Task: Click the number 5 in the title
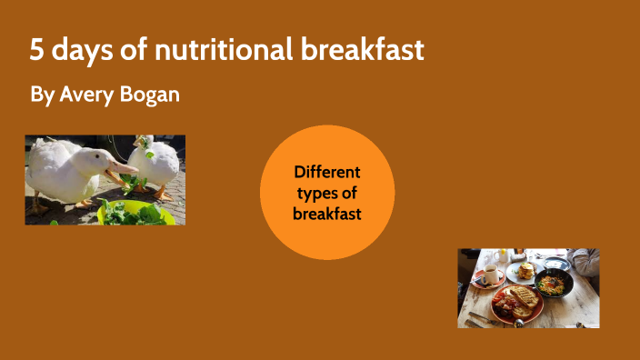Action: click(36, 51)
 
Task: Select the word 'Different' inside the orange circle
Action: click(327, 172)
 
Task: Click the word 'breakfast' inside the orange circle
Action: click(327, 214)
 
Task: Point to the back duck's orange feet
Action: click(162, 194)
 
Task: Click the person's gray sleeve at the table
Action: click(587, 264)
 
